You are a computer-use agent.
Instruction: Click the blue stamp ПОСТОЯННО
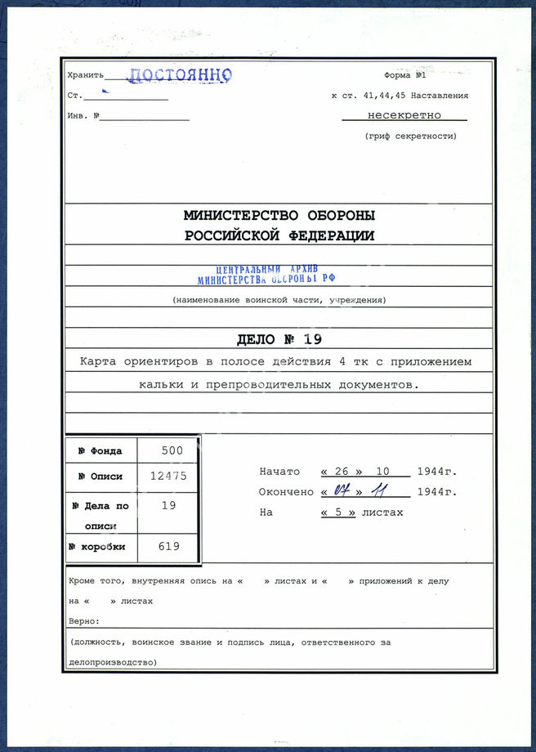click(x=180, y=75)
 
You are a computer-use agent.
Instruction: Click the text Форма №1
click(x=405, y=75)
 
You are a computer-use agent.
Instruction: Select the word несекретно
click(x=404, y=115)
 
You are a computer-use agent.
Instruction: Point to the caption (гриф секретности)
click(x=410, y=136)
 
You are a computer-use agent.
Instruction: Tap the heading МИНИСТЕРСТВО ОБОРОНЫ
click(x=279, y=216)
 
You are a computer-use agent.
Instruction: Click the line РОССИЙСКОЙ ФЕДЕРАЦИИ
click(x=279, y=235)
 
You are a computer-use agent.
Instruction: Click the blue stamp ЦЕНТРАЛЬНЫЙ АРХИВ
click(x=267, y=270)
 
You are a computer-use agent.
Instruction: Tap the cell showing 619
click(x=169, y=546)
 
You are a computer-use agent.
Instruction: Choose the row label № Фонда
click(x=100, y=451)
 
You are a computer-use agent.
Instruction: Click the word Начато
click(x=279, y=472)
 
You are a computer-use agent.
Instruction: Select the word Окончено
click(x=286, y=492)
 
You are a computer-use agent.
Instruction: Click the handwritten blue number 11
click(x=379, y=491)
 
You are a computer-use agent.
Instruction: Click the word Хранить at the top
click(x=84, y=75)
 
